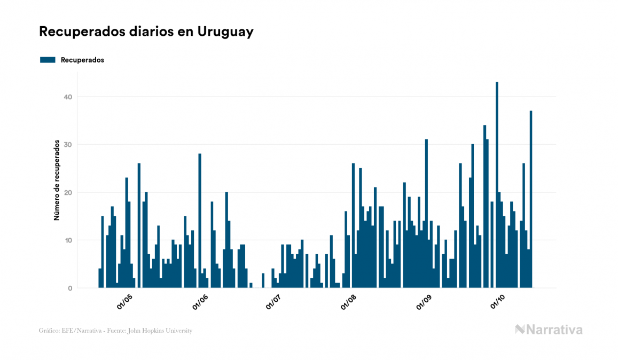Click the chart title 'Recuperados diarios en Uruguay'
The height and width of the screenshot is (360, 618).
click(146, 32)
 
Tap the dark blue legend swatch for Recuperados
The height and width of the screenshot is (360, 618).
click(48, 60)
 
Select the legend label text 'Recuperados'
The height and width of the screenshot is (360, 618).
click(82, 60)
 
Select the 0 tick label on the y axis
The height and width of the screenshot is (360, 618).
click(69, 288)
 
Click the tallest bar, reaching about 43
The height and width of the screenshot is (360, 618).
click(497, 184)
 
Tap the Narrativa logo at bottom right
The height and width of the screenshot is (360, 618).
click(549, 330)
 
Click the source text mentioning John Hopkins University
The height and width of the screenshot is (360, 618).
click(115, 331)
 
